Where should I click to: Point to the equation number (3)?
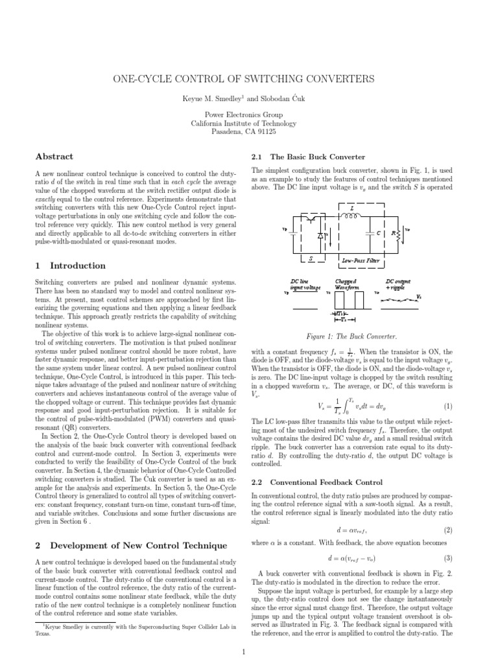pos(447,559)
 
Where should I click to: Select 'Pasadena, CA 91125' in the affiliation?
pos(243,131)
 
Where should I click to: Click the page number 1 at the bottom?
pos(243,652)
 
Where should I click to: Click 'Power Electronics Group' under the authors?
pos(243,113)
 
